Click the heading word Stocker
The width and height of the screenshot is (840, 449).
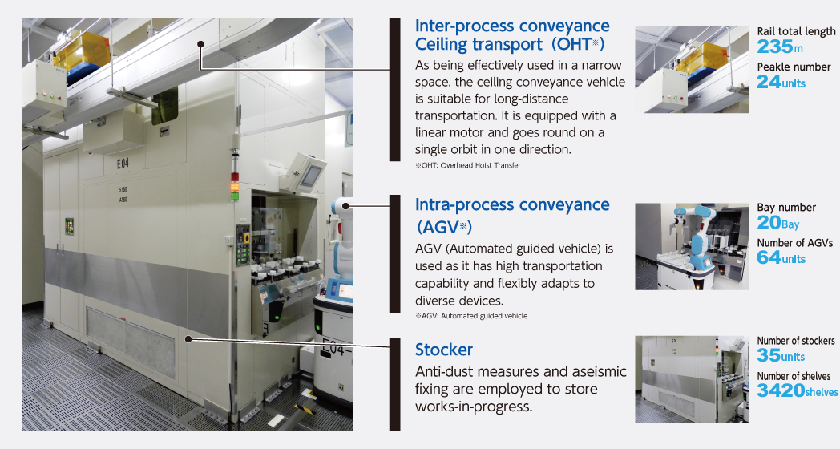click(443, 350)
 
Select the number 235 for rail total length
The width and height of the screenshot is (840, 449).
click(775, 47)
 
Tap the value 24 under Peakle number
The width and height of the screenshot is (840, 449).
click(769, 82)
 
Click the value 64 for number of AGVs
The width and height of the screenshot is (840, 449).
click(769, 257)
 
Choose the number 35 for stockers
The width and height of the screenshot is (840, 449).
click(769, 355)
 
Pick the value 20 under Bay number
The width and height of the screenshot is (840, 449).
click(769, 222)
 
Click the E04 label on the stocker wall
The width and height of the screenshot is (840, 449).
click(123, 164)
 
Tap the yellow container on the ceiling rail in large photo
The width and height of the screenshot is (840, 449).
click(82, 49)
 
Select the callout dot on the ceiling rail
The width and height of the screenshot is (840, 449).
click(200, 44)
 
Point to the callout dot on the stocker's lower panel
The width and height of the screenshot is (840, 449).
click(188, 339)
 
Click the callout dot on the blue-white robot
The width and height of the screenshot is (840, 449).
click(346, 205)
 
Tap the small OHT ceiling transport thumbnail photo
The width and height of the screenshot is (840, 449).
click(693, 70)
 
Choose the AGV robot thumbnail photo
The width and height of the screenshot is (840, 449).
click(693, 246)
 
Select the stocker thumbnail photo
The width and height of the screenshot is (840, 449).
click(693, 379)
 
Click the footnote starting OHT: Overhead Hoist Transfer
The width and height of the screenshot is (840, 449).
click(467, 165)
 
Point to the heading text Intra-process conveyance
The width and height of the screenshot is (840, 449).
click(512, 204)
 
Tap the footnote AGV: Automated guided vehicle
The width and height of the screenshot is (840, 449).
click(471, 316)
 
